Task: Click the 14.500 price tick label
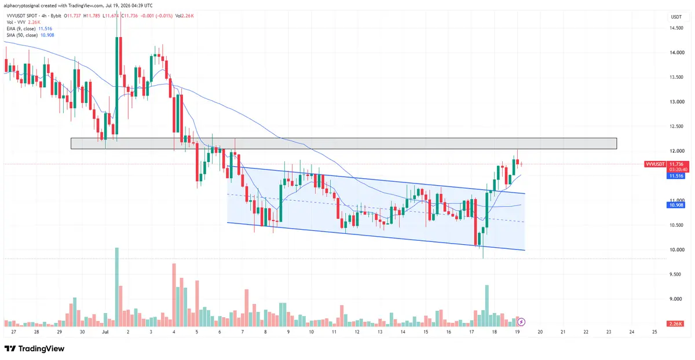676,28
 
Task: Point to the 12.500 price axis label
676,126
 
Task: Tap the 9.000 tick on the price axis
676,299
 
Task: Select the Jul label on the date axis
105,332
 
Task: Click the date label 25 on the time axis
654,332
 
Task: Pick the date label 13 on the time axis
380,332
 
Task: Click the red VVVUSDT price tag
654,164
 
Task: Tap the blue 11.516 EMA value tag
676,176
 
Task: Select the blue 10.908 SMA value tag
676,205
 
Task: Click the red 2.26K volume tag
675,324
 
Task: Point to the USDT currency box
676,17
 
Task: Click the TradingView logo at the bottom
34,348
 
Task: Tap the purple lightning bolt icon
521,322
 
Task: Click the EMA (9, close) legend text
21,28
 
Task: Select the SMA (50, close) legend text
22,35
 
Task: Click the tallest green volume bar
116,287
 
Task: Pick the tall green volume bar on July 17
487,306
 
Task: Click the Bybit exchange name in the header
56,16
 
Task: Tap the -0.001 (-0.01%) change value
156,16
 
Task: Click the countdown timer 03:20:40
678,170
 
